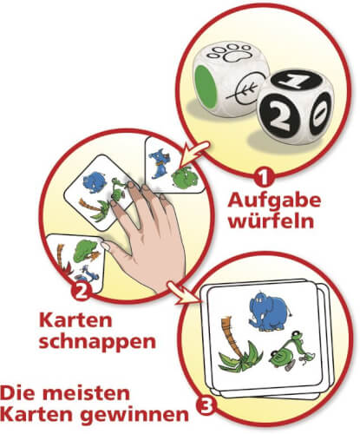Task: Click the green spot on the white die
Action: pyautogui.click(x=206, y=85)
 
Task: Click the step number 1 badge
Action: pyautogui.click(x=264, y=179)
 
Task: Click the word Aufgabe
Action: pyautogui.click(x=274, y=201)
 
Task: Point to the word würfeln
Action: pyautogui.click(x=272, y=221)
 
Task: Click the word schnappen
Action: pyautogui.click(x=97, y=343)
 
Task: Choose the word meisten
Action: pyautogui.click(x=89, y=394)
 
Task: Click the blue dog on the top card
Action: pyautogui.click(x=158, y=162)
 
